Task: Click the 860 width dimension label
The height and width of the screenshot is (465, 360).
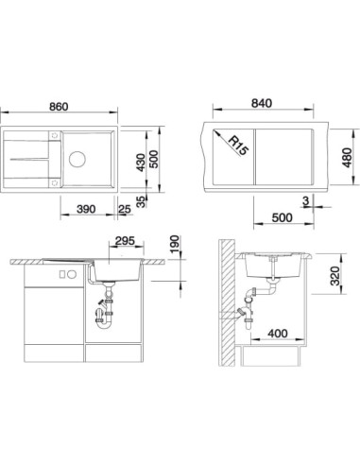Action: pos(59,107)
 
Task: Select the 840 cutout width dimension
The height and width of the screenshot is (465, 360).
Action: pos(262,103)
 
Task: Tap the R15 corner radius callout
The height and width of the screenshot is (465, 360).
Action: pos(237,146)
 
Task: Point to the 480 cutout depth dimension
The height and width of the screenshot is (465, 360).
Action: pos(347,158)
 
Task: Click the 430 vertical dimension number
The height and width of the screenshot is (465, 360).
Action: pos(142,163)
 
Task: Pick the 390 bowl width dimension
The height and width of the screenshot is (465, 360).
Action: pos(86,209)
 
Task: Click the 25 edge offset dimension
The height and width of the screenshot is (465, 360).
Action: pos(125,209)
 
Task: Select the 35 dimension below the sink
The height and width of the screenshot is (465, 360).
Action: pos(142,201)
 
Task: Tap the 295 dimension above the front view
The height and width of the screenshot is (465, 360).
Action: pos(125,241)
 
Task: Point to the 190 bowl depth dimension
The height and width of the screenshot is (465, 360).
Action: pos(174,244)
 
